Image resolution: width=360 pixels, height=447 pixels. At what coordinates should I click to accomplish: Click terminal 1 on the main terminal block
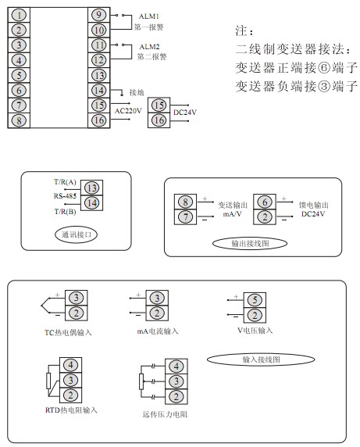coord(19,15)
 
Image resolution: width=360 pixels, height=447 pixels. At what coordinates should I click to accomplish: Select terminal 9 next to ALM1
coord(99,15)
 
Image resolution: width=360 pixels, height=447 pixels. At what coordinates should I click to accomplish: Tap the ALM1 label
coord(148,16)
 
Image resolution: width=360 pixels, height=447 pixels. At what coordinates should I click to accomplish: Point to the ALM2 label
coord(149,46)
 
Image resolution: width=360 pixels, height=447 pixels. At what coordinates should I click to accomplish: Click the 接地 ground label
coord(137,92)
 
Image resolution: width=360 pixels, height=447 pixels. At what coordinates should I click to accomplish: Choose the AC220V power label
coord(128,111)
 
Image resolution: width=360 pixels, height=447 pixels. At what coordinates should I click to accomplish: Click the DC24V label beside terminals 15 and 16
coord(185,113)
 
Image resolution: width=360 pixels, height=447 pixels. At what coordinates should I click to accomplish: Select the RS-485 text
coord(65,196)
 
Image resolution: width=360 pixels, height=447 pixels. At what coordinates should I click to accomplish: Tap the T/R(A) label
coord(65,182)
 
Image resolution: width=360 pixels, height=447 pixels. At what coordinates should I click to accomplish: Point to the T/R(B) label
coord(65,212)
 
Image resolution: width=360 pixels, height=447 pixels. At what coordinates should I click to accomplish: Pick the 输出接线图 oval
coord(250,244)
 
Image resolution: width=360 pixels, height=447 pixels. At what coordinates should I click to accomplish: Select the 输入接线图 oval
coord(261,359)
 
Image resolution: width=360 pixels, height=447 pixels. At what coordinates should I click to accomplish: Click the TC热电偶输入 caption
coord(68,332)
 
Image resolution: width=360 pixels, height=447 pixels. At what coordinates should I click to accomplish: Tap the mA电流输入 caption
coord(158,331)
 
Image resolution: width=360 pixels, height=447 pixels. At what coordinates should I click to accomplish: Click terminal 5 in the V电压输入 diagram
coord(255,300)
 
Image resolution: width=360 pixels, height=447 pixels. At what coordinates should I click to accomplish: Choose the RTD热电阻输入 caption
coord(71,410)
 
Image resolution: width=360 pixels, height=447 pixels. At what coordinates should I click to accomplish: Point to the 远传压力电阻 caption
coord(165,414)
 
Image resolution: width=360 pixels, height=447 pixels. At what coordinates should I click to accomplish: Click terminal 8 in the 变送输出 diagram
coord(185,202)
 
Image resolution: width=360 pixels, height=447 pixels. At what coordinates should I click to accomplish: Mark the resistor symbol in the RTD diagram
coord(48,381)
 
